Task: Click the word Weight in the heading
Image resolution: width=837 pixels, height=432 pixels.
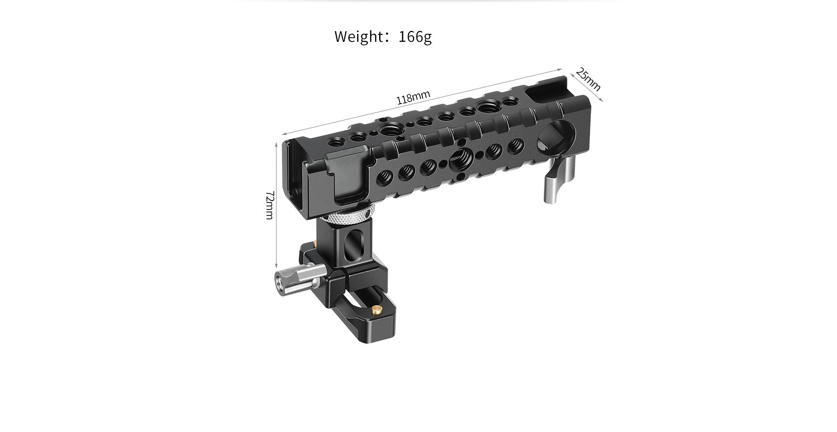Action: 357,37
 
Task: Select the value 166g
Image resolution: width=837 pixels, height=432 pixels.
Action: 415,37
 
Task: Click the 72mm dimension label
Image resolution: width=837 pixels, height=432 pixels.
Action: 269,205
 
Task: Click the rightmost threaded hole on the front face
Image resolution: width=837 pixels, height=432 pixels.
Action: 515,145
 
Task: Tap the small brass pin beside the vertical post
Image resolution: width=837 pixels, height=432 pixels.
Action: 315,244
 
